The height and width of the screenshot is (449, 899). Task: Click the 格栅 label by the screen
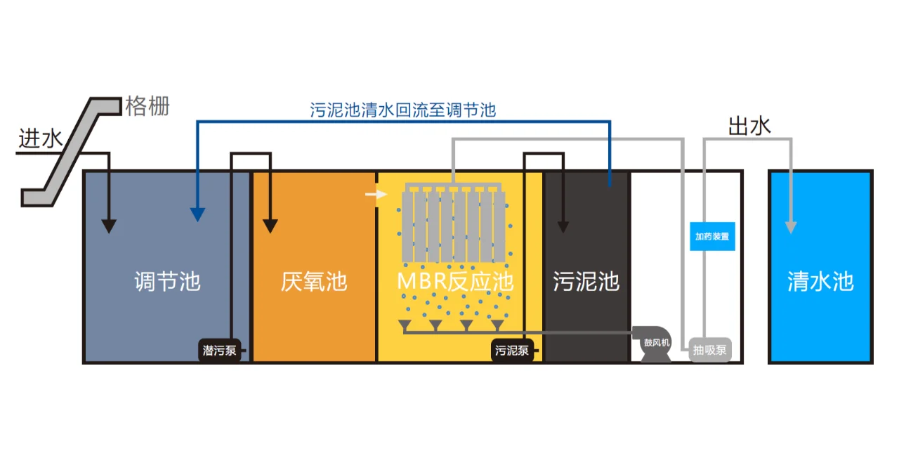pos(147,106)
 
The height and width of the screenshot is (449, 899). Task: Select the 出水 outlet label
pos(749,126)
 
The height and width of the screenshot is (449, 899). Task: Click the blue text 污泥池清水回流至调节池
pos(403,110)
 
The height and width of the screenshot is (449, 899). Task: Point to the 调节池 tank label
pos(167,282)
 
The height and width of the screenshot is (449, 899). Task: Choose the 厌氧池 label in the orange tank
pos(314,282)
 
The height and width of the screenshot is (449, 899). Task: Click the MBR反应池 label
pos(455,282)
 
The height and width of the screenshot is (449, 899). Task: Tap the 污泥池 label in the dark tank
pos(586,282)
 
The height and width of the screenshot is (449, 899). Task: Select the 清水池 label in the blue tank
pos(820,282)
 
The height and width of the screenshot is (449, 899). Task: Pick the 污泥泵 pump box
pos(512,350)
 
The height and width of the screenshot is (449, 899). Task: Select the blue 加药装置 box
pos(712,236)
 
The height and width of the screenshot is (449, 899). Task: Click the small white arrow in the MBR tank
pos(377,194)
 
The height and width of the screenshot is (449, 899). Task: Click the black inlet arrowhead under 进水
pos(108,226)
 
